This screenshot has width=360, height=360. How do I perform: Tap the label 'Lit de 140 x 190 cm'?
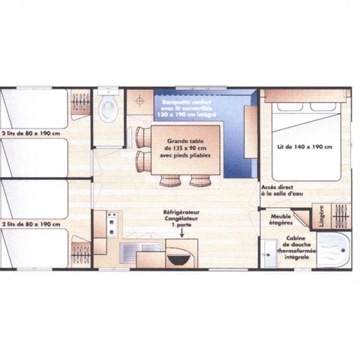click(x=304, y=146)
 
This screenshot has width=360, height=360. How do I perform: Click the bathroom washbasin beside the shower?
click(x=269, y=253)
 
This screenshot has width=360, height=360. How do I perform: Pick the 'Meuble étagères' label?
click(x=281, y=218)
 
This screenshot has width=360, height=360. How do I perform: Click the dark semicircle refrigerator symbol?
click(x=178, y=259)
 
